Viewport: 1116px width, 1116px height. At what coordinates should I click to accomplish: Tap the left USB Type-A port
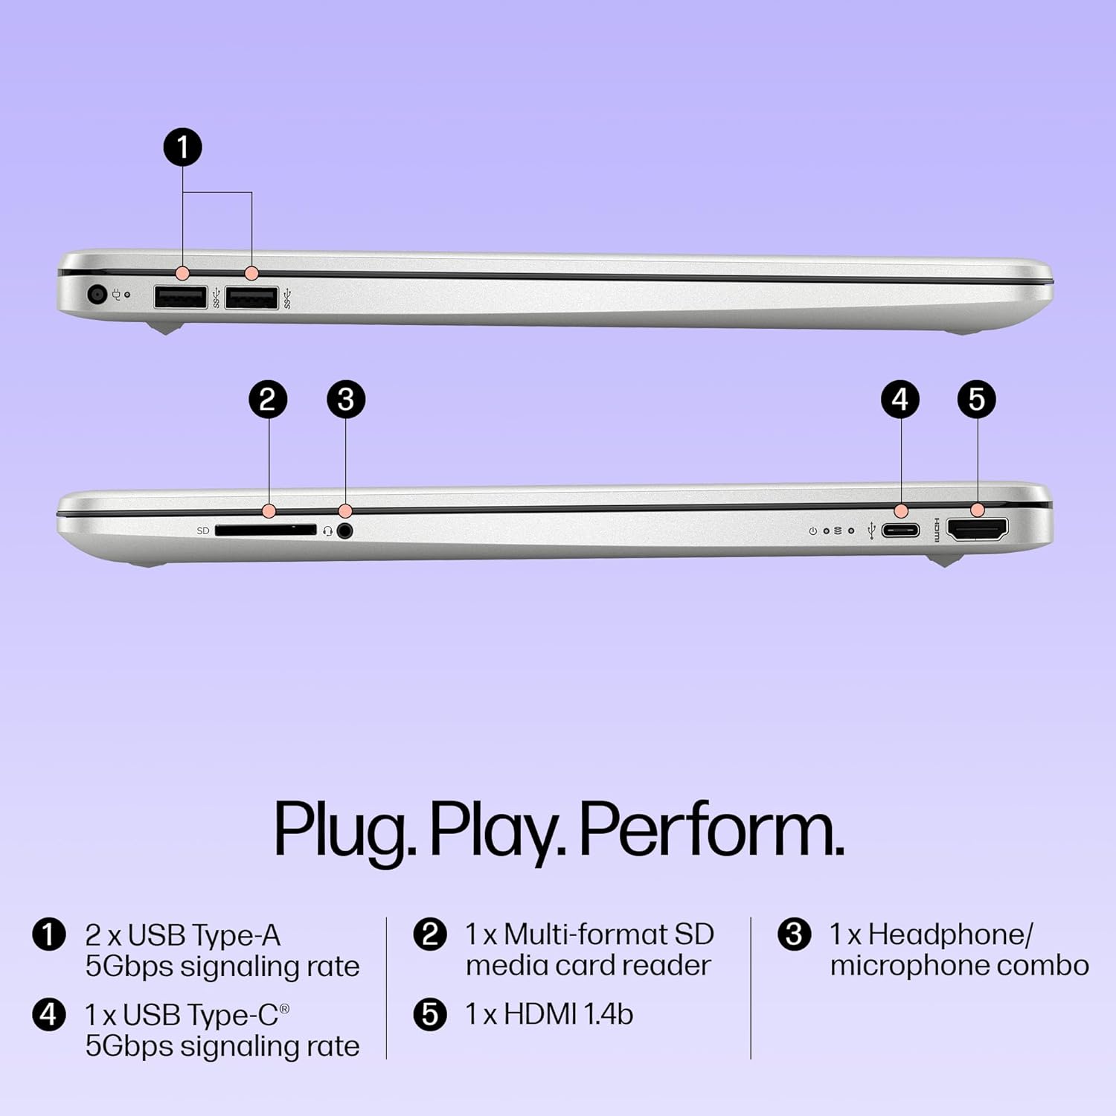pyautogui.click(x=181, y=298)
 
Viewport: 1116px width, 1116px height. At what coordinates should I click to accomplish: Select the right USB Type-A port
pyautogui.click(x=251, y=298)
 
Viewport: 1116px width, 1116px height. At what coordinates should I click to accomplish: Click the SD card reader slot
pyautogui.click(x=266, y=530)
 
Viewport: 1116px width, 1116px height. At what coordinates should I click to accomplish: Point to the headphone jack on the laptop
pyautogui.click(x=344, y=530)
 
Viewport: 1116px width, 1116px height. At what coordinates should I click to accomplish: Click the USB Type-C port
pyautogui.click(x=900, y=530)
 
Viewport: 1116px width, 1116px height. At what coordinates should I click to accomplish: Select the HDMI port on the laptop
pyautogui.click(x=977, y=530)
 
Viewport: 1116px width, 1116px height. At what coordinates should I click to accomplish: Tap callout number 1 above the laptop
pyautogui.click(x=182, y=147)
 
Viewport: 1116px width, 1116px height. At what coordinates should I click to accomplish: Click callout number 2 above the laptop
pyautogui.click(x=268, y=400)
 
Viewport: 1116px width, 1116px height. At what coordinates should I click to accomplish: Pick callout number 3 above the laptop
pyautogui.click(x=346, y=400)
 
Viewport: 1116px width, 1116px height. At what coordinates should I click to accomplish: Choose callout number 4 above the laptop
pyautogui.click(x=900, y=400)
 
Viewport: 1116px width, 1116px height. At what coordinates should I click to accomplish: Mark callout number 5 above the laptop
pyautogui.click(x=977, y=400)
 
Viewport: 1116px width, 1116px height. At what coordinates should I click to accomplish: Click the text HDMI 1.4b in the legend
pyautogui.click(x=568, y=1014)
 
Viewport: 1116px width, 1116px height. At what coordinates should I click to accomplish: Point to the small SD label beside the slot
pyautogui.click(x=203, y=530)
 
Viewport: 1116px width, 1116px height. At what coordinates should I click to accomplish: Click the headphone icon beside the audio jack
pyautogui.click(x=327, y=531)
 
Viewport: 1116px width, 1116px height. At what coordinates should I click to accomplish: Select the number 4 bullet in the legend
pyautogui.click(x=48, y=1014)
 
